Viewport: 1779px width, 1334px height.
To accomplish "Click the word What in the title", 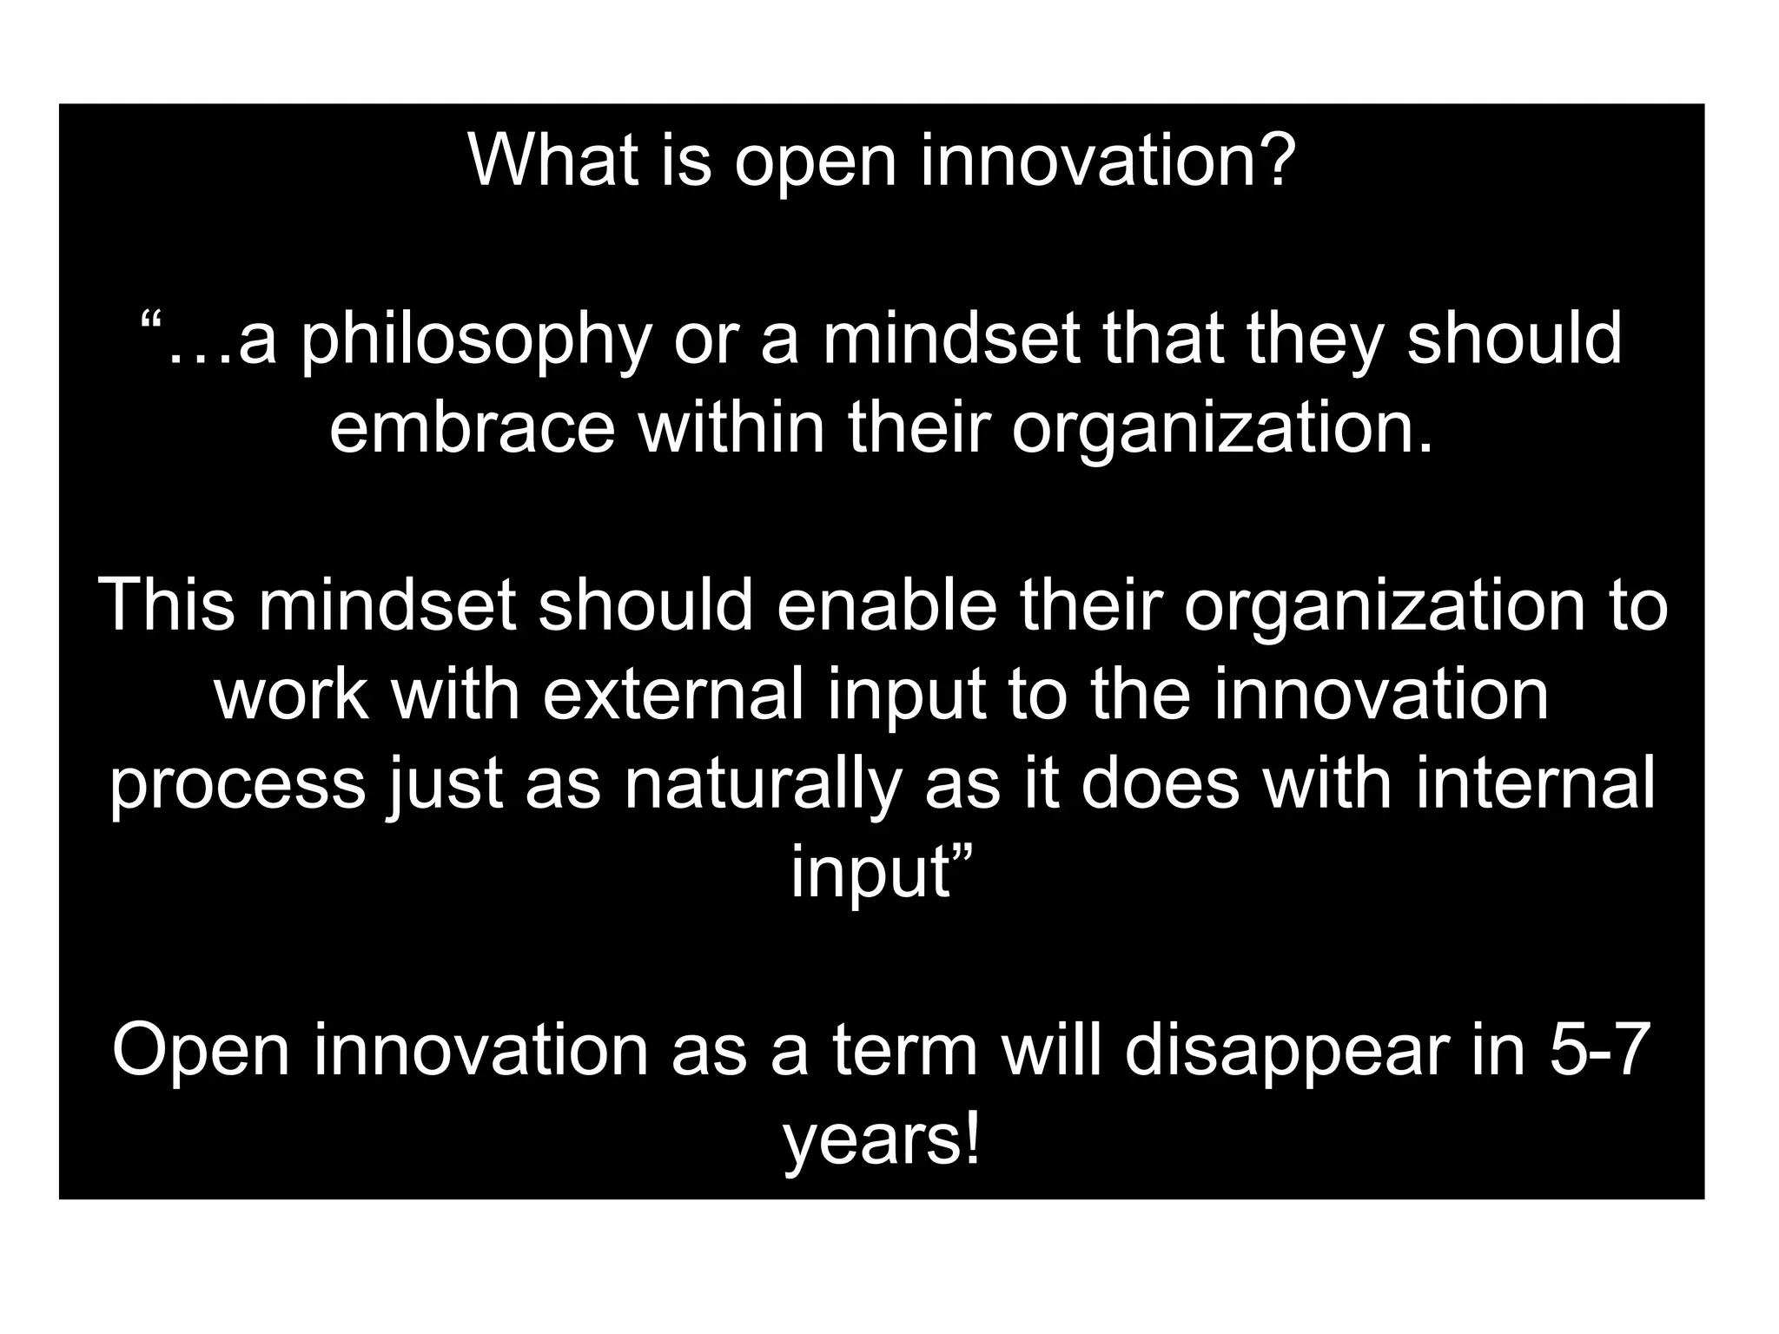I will pyautogui.click(x=553, y=161).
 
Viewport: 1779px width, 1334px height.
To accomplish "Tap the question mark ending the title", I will pyautogui.click(x=1275, y=161).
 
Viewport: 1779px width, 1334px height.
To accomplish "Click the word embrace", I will pyautogui.click(x=473, y=428).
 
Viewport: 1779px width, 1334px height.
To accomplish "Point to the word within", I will pyautogui.click(x=731, y=428).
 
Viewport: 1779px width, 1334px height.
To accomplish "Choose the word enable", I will pyautogui.click(x=887, y=605).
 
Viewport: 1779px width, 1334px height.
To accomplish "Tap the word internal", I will pyautogui.click(x=1535, y=783).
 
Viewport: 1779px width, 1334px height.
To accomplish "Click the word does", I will pyautogui.click(x=1161, y=783).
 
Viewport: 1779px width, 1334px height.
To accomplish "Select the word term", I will pyautogui.click(x=905, y=1051).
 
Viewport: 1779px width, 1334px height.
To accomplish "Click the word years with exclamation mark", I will pyautogui.click(x=881, y=1142).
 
